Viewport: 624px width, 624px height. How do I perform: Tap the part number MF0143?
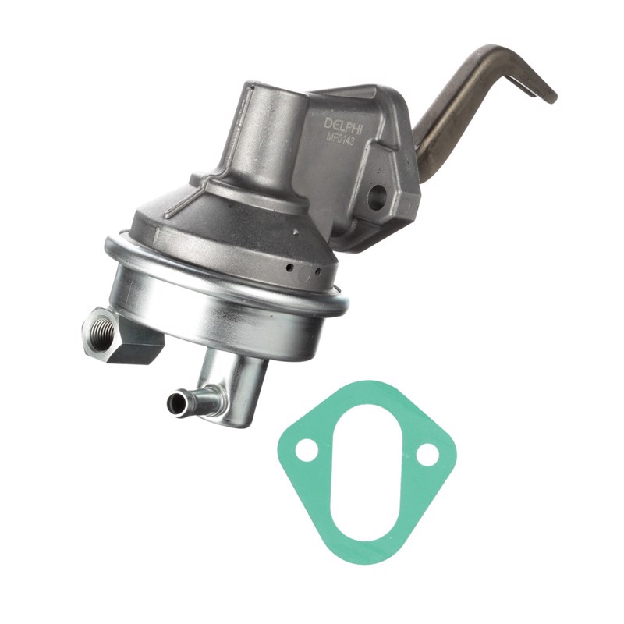341,140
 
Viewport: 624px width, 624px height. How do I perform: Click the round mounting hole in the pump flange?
377,194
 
